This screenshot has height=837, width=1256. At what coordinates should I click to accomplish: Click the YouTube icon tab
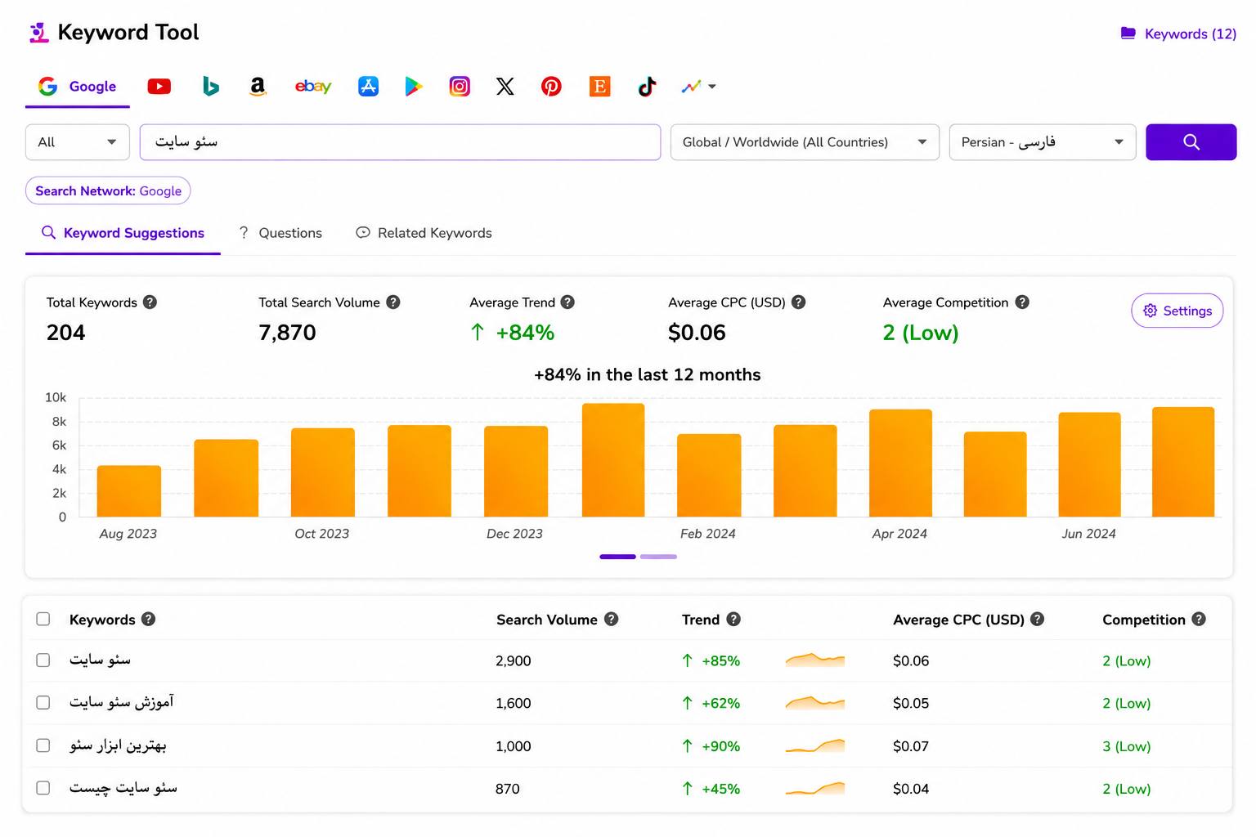[159, 87]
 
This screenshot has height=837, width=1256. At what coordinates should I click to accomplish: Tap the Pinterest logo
[551, 87]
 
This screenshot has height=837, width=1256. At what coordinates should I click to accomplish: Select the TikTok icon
[647, 87]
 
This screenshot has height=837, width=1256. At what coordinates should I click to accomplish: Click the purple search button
[1191, 142]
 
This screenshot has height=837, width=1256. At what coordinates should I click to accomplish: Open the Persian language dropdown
[1043, 142]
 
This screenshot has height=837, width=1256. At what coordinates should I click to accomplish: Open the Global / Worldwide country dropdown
[805, 142]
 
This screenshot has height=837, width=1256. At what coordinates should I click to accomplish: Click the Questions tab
[280, 233]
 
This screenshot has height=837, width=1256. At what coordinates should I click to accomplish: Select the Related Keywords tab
[424, 233]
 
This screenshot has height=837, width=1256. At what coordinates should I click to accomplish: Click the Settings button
[1177, 311]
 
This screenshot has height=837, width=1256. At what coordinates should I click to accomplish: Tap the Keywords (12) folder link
[1178, 34]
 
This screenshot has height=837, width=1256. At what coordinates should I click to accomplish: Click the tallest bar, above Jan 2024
[612, 459]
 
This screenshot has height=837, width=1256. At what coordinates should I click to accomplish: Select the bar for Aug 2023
[128, 490]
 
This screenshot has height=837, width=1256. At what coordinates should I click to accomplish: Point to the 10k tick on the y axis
[56, 397]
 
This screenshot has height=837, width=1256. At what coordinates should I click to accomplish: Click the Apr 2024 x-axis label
[899, 534]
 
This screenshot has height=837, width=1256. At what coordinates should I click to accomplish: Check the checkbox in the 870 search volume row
[43, 788]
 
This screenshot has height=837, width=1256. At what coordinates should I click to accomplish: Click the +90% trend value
[720, 746]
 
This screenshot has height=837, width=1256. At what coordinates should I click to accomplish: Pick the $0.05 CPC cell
[911, 703]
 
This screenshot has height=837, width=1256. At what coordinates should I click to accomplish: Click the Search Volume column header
[547, 620]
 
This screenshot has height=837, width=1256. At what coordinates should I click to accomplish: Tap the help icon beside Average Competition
[1022, 302]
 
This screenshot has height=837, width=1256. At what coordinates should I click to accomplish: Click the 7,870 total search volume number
[287, 333]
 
